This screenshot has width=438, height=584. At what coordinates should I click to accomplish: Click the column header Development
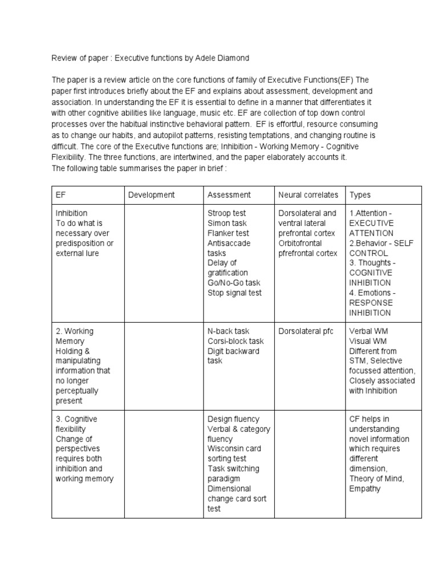pyautogui.click(x=151, y=195)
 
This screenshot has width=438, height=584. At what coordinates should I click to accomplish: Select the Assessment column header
pyautogui.click(x=229, y=195)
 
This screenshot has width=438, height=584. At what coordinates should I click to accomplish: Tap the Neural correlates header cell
pyautogui.click(x=308, y=195)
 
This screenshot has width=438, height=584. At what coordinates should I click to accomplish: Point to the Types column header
pyautogui.click(x=360, y=195)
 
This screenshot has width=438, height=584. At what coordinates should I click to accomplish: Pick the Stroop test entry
pyautogui.click(x=227, y=213)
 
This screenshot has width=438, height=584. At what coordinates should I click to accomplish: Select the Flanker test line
pyautogui.click(x=228, y=233)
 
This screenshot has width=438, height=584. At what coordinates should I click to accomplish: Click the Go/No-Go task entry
pyautogui.click(x=234, y=283)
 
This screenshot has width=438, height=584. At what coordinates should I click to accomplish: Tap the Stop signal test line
pyautogui.click(x=234, y=293)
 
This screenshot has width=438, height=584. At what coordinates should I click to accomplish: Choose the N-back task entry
pyautogui.click(x=228, y=331)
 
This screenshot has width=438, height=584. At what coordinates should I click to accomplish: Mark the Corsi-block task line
pyautogui.click(x=236, y=341)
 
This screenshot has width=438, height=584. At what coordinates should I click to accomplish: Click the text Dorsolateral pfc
pyautogui.click(x=306, y=331)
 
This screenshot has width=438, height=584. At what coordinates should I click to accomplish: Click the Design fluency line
pyautogui.click(x=233, y=419)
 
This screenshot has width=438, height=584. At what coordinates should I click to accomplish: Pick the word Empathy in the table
pyautogui.click(x=365, y=489)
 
